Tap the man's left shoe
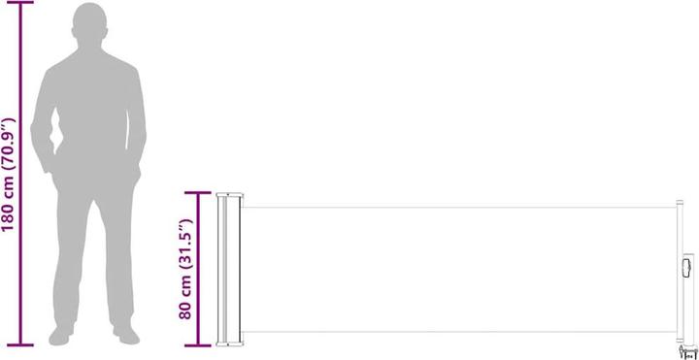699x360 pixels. (125, 335)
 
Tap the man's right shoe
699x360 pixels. (61, 336)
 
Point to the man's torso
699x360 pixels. (89, 116)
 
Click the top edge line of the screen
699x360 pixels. (456, 206)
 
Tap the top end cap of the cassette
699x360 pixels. (229, 194)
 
